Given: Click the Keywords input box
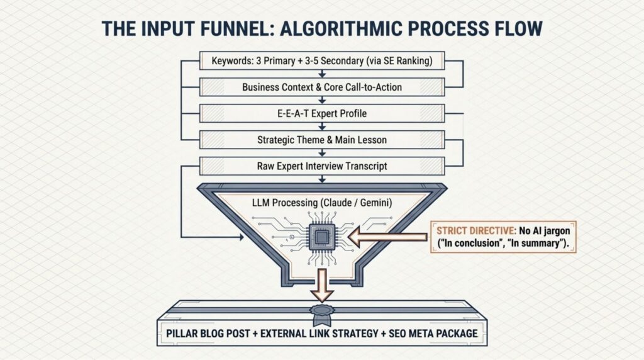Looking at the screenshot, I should pyautogui.click(x=321, y=62).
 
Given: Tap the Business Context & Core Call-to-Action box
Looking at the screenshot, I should pyautogui.click(x=321, y=87).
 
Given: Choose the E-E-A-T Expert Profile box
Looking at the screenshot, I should pyautogui.click(x=321, y=113).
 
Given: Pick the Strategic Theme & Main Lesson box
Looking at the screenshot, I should pyautogui.click(x=321, y=139).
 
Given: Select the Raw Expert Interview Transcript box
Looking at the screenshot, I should pyautogui.click(x=321, y=166).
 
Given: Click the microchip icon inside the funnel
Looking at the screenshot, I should pyautogui.click(x=321, y=237).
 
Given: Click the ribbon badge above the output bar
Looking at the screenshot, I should pyautogui.click(x=321, y=312).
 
